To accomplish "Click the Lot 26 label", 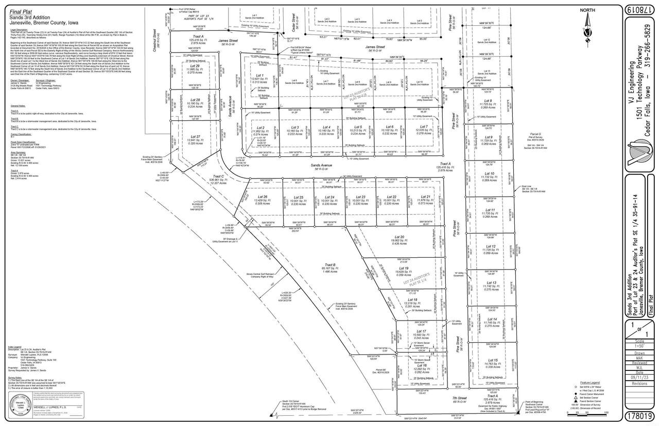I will pos(262,197).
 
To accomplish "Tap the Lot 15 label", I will pos(493,360).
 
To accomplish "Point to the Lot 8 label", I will pos(488,101).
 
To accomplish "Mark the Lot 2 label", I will pos(261,128).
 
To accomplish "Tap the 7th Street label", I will pos(459,398).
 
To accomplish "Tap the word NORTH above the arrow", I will pos(587,10).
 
